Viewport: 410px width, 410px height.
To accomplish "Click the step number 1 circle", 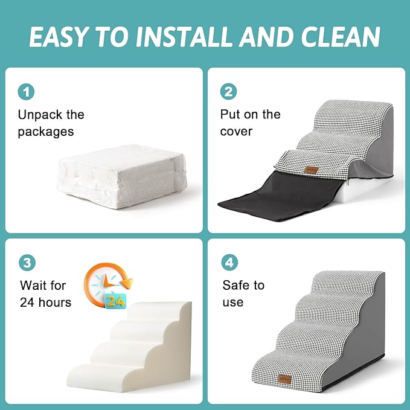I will click(x=26, y=92).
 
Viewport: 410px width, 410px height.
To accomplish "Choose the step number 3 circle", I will click(x=26, y=263).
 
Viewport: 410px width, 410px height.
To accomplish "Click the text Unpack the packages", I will click(x=51, y=123).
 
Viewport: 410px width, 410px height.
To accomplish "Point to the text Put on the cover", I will click(x=250, y=123).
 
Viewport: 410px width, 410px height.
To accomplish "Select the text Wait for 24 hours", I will click(x=45, y=293).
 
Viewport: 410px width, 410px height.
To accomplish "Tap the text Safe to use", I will click(x=243, y=293).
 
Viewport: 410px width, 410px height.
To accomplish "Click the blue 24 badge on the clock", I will click(x=115, y=300).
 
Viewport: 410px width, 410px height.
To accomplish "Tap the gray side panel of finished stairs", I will click(x=368, y=338).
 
